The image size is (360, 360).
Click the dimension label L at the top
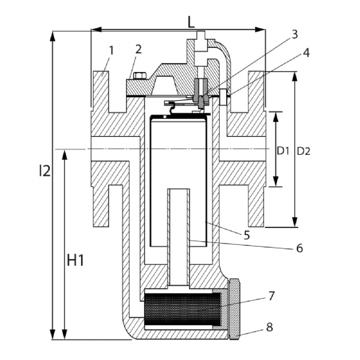coord(191,22)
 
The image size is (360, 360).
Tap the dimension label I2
coord(45,170)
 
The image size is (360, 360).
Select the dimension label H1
coord(76,261)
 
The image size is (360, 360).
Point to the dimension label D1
coord(283,151)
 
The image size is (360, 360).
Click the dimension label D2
coord(304,151)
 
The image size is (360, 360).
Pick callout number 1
coord(112,50)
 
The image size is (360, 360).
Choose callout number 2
coord(139,49)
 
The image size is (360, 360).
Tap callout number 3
coord(295,34)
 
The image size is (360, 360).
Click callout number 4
coord(306,53)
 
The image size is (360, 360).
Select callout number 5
coord(247,235)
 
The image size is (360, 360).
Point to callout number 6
coord(299,248)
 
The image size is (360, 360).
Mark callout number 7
coord(271,296)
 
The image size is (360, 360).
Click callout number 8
coord(269,327)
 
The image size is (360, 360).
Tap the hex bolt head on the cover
coord(140,76)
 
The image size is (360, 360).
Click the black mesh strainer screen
coord(182,310)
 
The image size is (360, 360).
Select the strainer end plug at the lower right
coord(234,309)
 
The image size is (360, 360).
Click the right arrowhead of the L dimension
coord(260,29)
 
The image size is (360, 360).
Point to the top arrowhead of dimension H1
coord(65,155)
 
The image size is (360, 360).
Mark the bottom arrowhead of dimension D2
coord(295,222)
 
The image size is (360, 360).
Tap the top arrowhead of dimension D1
coord(276,117)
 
